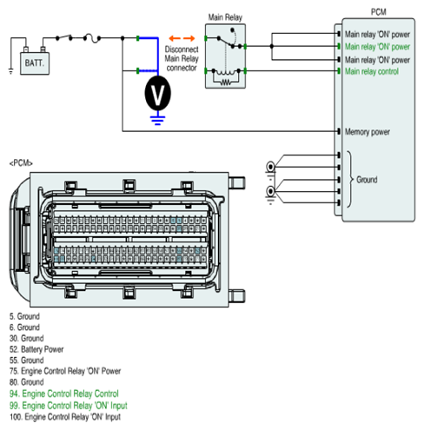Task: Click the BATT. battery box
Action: click(x=35, y=63)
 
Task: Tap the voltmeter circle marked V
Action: click(x=157, y=93)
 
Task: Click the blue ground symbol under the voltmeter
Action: click(x=157, y=121)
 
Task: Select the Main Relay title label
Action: click(x=225, y=17)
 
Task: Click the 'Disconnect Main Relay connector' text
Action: click(x=182, y=58)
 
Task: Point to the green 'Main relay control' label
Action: click(x=372, y=71)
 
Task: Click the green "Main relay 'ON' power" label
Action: click(x=377, y=47)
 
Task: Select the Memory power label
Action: click(x=368, y=132)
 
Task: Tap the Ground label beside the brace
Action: click(x=367, y=180)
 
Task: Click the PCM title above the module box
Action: click(x=379, y=12)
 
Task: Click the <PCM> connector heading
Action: click(x=21, y=163)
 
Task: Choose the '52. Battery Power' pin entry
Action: click(x=36, y=349)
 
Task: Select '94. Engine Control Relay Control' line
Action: click(x=64, y=394)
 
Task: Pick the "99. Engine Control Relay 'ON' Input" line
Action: click(x=69, y=406)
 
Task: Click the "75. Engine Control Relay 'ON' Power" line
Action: click(x=65, y=371)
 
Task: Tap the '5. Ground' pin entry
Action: click(x=24, y=316)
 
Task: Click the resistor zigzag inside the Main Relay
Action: click(x=226, y=83)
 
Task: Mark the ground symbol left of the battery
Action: click(x=10, y=70)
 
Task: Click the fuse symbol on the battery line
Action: click(x=92, y=38)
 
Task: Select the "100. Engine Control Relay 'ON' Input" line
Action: click(x=65, y=417)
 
